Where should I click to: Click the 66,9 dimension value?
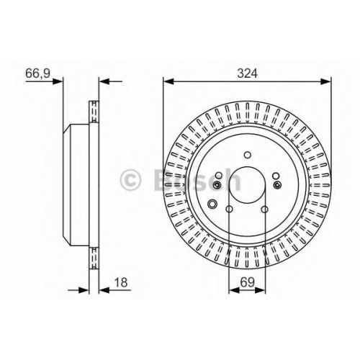click(37, 73)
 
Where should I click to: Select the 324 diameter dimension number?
click(247, 73)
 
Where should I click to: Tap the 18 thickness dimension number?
click(121, 282)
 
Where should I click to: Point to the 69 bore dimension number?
click(247, 282)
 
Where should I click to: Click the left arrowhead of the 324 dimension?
click(168, 81)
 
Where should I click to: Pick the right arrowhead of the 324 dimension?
click(326, 81)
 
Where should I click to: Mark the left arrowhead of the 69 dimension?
click(234, 290)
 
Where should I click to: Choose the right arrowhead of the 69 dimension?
click(261, 290)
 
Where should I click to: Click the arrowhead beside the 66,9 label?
click(58, 81)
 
